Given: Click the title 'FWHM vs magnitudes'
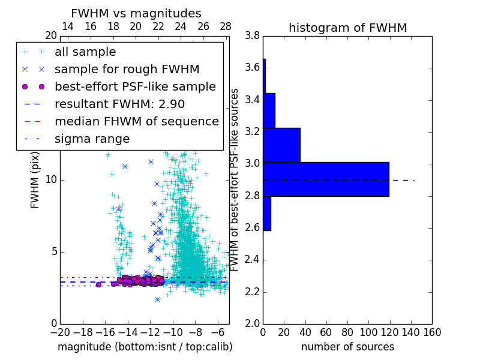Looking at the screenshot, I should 136,14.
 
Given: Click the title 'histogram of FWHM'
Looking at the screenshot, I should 347,28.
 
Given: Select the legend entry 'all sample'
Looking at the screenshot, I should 85,52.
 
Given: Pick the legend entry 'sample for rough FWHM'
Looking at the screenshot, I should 127,69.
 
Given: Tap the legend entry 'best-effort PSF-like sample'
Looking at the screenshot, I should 135,86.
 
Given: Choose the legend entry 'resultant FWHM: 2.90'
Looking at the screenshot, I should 119,104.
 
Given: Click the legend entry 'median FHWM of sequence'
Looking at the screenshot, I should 136,121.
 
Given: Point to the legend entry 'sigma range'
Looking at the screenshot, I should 92,139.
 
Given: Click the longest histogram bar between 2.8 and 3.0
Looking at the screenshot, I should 326,179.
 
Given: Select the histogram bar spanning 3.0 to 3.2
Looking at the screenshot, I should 281,145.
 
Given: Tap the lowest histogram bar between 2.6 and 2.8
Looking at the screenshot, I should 266,213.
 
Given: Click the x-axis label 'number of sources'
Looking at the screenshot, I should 347,347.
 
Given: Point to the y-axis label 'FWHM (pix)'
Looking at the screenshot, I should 35,179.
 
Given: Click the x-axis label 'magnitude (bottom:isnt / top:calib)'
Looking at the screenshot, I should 145,347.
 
